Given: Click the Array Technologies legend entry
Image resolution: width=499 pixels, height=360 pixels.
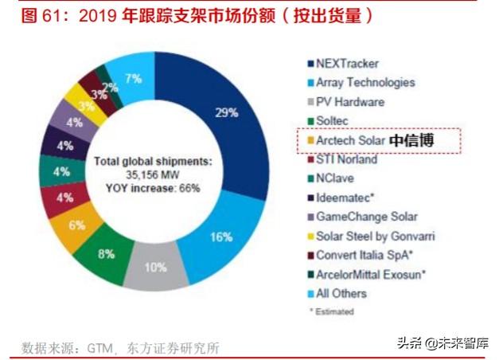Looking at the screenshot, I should tap(365, 82).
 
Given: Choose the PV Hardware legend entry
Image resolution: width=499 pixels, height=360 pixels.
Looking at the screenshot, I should tap(349, 102).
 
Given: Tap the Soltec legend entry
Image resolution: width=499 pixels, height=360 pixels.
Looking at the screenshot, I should tap(333, 121).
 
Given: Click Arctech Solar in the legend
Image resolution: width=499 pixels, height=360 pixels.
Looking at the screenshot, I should tap(351, 140).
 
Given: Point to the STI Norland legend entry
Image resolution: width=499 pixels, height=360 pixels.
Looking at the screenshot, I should tap(346, 159).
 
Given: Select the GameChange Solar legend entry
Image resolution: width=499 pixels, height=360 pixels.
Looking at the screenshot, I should tap(366, 217).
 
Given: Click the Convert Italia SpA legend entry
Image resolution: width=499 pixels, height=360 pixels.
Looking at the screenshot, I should tap(363, 255).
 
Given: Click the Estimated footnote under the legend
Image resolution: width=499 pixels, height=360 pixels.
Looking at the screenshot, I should tap(333, 311).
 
